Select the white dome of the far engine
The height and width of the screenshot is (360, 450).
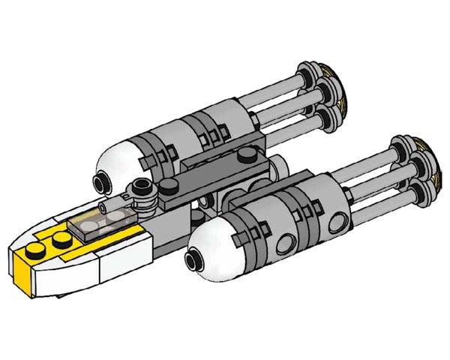click(120, 166)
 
